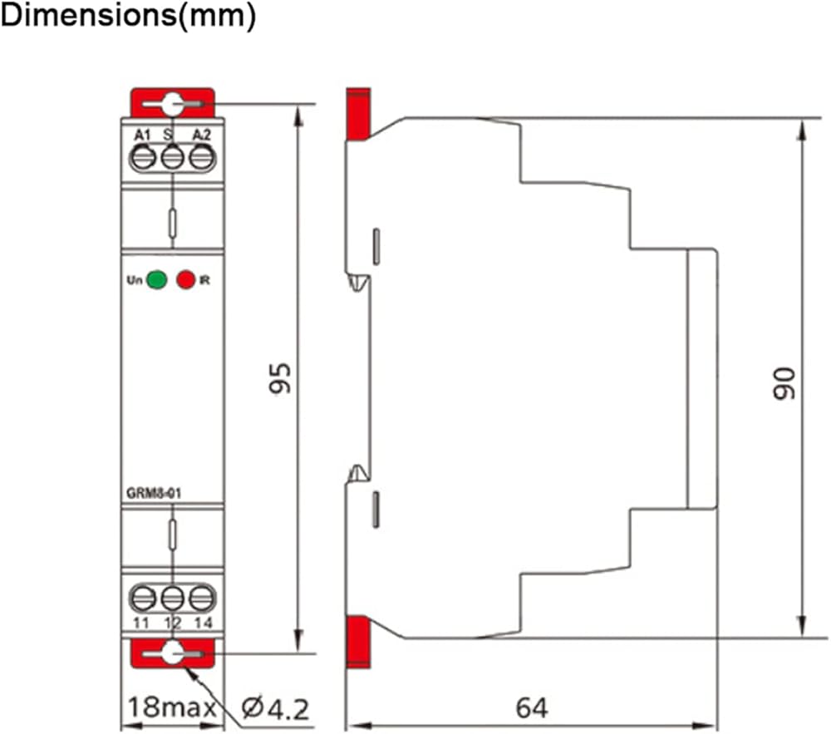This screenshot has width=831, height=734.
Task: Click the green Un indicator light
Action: [x=156, y=279]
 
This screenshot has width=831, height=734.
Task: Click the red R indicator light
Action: [x=186, y=279]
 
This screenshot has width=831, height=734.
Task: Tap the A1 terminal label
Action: [x=143, y=135]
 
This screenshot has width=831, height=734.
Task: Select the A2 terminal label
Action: [x=201, y=135]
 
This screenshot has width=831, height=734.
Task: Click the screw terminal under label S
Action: [x=172, y=158]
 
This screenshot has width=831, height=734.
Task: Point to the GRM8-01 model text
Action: [x=154, y=494]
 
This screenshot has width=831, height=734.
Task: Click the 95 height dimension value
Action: [x=280, y=378]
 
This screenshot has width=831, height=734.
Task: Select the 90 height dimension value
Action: [x=784, y=383]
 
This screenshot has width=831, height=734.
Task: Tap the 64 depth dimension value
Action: [x=532, y=707]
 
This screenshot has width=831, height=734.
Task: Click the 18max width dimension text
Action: [x=172, y=707]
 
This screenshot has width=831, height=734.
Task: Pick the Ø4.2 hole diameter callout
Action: [x=275, y=708]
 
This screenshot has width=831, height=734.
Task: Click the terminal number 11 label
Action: [x=141, y=623]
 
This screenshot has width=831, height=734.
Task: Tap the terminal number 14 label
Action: [x=204, y=623]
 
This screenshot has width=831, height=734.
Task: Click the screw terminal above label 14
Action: [x=201, y=599]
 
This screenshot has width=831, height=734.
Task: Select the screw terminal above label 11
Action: [x=143, y=599]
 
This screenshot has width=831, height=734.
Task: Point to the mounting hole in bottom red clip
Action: [x=172, y=653]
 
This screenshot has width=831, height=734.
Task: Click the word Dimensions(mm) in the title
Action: [x=129, y=16]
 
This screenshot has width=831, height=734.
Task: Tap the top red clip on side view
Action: [x=358, y=115]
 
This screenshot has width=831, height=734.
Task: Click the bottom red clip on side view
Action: [x=358, y=642]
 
